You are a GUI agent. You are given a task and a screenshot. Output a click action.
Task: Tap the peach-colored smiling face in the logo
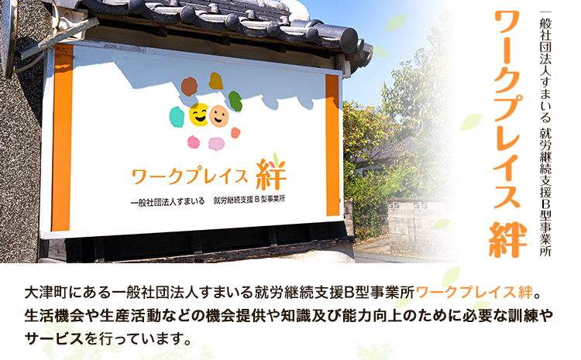(x=219, y=116)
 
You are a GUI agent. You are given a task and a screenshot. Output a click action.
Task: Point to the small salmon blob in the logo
(x=235, y=132)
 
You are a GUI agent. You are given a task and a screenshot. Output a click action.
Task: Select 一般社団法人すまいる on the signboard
(x=168, y=201)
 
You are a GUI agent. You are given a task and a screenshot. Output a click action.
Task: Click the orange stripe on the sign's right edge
(x=332, y=143)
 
